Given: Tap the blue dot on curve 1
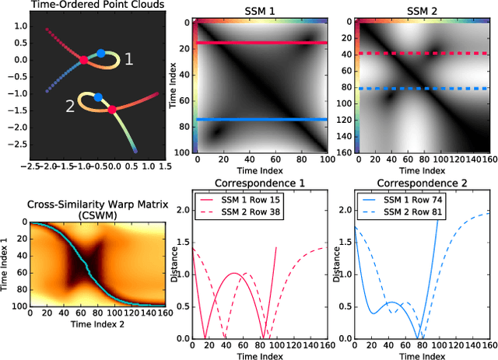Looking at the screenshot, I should coord(100,54).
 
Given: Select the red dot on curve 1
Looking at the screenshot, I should coord(83,58).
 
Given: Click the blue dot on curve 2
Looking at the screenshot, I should coord(98,97).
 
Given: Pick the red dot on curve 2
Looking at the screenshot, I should coord(112,110).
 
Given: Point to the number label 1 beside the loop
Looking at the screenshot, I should coord(129,58).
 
